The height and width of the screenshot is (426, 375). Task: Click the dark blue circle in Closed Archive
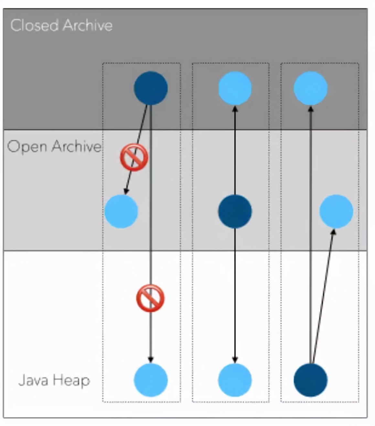151,88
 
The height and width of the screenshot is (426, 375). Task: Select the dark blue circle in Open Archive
235,211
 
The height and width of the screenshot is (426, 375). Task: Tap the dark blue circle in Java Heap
310,380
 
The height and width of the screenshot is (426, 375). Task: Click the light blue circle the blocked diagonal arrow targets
121,211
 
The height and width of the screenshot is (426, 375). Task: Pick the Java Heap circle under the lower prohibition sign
151,380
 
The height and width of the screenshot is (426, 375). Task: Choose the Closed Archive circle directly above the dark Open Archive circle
235,88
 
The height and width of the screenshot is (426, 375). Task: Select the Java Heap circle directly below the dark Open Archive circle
235,380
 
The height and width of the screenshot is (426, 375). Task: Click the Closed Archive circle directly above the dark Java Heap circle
310,88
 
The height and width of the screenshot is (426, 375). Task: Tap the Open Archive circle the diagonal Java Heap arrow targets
336,211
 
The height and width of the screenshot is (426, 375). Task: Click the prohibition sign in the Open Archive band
134,157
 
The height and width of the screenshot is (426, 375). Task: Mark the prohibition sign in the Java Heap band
150,298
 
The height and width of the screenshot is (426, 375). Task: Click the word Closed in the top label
34,25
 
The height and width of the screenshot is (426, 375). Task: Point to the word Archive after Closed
87,25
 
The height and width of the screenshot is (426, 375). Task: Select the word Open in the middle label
27,147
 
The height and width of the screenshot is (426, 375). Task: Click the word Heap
72,380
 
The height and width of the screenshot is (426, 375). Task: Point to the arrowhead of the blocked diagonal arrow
126,191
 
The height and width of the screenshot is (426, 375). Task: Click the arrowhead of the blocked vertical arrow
151,359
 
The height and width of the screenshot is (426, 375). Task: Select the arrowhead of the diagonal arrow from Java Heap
333,231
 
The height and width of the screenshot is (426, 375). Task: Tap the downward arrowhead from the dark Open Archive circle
235,359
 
